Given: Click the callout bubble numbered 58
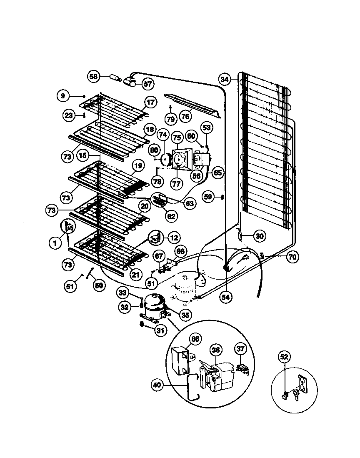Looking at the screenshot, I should point(93,76).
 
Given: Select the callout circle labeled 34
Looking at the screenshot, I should point(225,79).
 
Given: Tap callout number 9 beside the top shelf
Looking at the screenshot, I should point(62,96).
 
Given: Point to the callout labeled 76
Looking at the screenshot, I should point(185,117).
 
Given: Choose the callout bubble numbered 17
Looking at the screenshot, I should point(150,103).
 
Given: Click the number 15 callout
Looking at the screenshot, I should point(83,155).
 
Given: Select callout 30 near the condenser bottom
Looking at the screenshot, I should point(259,236).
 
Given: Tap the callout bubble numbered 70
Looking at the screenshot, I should point(292,257).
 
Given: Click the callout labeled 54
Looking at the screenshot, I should point(225,298).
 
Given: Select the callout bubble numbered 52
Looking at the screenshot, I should point(284,357).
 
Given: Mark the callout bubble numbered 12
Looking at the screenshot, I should point(174,238).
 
